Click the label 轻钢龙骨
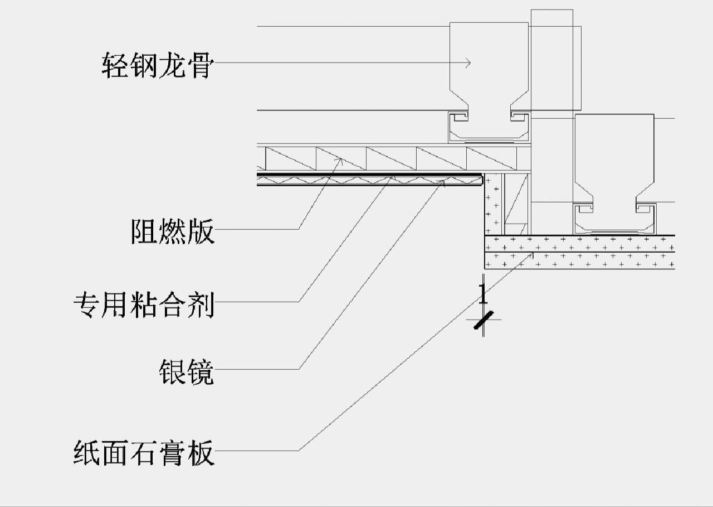[158, 65]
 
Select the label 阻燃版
[173, 230]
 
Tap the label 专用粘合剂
[144, 304]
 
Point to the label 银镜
[186, 371]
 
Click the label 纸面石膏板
[144, 452]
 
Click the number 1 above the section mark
[483, 293]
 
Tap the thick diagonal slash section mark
[484, 320]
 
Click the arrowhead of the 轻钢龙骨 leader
[470, 64]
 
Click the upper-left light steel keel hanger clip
[489, 67]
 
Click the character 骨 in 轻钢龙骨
[201, 65]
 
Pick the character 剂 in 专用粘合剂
[201, 304]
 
